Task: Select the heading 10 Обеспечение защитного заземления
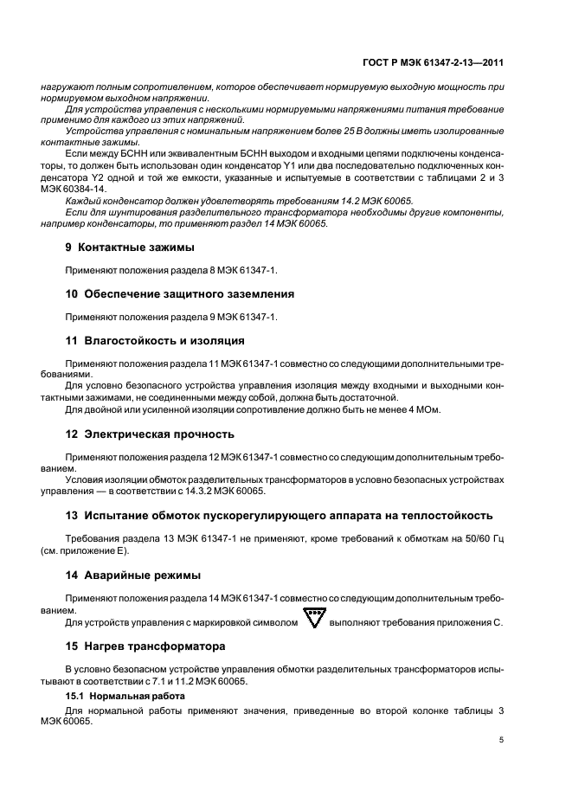coord(179,293)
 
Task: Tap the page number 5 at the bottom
coord(502,740)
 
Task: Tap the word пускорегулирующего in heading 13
coord(259,515)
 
